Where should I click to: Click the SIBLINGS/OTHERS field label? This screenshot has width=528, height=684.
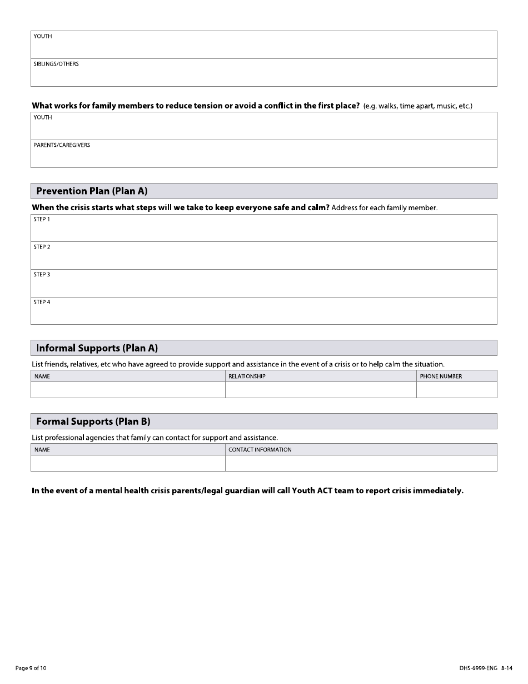click(56, 64)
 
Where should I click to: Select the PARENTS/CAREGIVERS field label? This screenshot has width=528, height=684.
click(62, 145)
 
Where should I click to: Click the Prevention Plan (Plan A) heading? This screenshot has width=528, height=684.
click(92, 191)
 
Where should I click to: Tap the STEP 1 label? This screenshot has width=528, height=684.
click(42, 219)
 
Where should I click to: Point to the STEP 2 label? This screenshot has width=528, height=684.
click(42, 247)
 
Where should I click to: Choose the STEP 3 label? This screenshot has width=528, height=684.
click(42, 275)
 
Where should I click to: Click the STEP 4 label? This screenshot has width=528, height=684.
click(42, 303)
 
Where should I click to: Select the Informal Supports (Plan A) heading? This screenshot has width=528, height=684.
click(97, 348)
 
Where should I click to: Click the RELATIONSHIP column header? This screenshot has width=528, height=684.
click(247, 376)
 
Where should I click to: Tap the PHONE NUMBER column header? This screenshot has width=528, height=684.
click(441, 376)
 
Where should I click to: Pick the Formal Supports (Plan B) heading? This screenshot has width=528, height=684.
click(93, 422)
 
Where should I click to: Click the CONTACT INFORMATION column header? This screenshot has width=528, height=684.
click(260, 450)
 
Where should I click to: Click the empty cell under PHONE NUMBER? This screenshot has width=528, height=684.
click(456, 390)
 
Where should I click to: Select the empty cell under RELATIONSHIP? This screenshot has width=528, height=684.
click(321, 390)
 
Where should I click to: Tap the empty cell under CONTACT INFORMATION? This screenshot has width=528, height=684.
click(361, 463)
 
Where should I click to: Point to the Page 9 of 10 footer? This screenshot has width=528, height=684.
click(31, 668)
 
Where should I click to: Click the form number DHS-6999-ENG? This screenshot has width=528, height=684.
click(475, 668)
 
